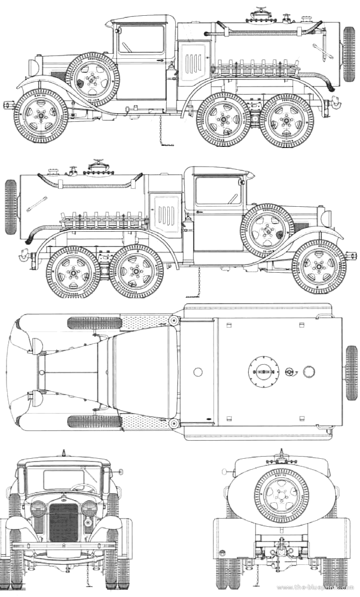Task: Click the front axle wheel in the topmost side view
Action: pos(41,116)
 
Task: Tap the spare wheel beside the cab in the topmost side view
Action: pos(93,79)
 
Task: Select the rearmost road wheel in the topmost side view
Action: pos(283,121)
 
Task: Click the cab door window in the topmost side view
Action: pos(141,39)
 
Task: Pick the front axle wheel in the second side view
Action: pos(319,267)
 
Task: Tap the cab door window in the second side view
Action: pos(218,191)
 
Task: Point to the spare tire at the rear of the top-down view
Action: pos(351,372)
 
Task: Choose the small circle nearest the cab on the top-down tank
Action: pos(198,372)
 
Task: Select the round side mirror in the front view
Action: pos(121,471)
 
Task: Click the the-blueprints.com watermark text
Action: pos(316,588)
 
